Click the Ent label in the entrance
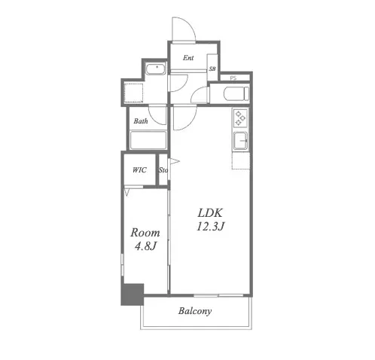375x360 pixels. (188, 58)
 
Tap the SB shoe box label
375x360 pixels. (212, 69)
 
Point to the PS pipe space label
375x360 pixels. (233, 78)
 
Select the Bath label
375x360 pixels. (141, 121)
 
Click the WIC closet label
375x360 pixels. (139, 170)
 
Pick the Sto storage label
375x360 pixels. (163, 170)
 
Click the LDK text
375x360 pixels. (210, 213)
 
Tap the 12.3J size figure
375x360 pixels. (210, 227)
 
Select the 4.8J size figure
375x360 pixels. (145, 246)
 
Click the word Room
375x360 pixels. (145, 233)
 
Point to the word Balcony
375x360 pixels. (195, 311)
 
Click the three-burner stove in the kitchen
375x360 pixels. (240, 117)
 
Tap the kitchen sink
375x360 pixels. (241, 141)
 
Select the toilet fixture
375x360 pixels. (236, 93)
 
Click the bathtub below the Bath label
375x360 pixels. (148, 140)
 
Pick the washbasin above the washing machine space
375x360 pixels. (156, 69)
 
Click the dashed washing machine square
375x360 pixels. (133, 93)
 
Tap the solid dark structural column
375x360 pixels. (133, 294)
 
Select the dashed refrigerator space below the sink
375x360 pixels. (241, 160)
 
